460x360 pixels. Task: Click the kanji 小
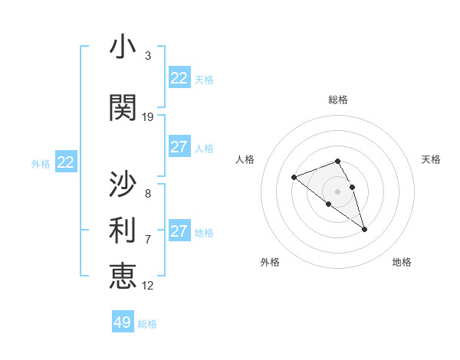pos(123,47)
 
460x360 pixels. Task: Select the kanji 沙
pos(123,185)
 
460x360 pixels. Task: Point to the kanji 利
pos(123,230)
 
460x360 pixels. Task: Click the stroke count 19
pos(148,117)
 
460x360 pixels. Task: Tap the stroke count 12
pos(148,286)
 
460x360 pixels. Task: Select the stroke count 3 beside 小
pos(148,56)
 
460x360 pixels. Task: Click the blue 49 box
pos(123,322)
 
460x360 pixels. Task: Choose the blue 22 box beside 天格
pos(179,78)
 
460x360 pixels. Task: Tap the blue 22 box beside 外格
pos(66,162)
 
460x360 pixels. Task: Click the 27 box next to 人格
pos(179,147)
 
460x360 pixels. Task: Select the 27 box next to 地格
pos(179,231)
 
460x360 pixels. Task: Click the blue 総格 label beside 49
pos(147,324)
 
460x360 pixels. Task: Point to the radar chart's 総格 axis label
pos(337,100)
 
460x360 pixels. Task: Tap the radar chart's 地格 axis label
pos(402,262)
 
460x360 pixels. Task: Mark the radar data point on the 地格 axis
pos(364,229)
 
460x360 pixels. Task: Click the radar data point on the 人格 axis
pos(294,178)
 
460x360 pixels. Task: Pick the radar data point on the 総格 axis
pos(337,161)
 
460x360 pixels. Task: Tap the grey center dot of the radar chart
pos(337,191)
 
